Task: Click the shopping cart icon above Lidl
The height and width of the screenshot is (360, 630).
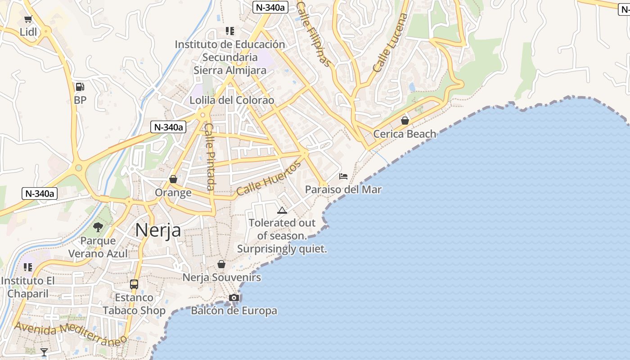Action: [28, 19]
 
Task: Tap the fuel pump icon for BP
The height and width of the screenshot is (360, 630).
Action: [80, 87]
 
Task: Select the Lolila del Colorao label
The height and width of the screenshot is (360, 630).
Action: [232, 100]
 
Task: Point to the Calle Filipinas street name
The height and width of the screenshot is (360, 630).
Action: [314, 34]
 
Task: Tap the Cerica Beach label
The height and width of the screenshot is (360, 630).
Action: [405, 134]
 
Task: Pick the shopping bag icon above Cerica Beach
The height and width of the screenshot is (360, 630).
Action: [405, 121]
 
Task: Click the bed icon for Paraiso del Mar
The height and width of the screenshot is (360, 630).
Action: [343, 176]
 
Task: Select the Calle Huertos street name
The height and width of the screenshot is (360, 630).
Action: [269, 179]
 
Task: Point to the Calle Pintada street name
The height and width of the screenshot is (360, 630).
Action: [210, 157]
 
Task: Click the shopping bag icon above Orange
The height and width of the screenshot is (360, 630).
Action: [173, 180]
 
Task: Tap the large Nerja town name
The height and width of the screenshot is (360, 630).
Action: [158, 230]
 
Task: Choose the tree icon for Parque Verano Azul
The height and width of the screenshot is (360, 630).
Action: [98, 227]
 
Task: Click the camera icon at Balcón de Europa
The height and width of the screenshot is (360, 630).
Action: [234, 297]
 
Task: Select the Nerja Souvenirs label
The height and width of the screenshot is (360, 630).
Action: [221, 278]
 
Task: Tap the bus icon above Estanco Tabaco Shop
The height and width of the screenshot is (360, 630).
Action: [134, 284]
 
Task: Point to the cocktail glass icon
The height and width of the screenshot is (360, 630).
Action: [44, 352]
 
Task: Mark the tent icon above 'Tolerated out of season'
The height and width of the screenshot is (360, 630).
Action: [282, 210]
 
